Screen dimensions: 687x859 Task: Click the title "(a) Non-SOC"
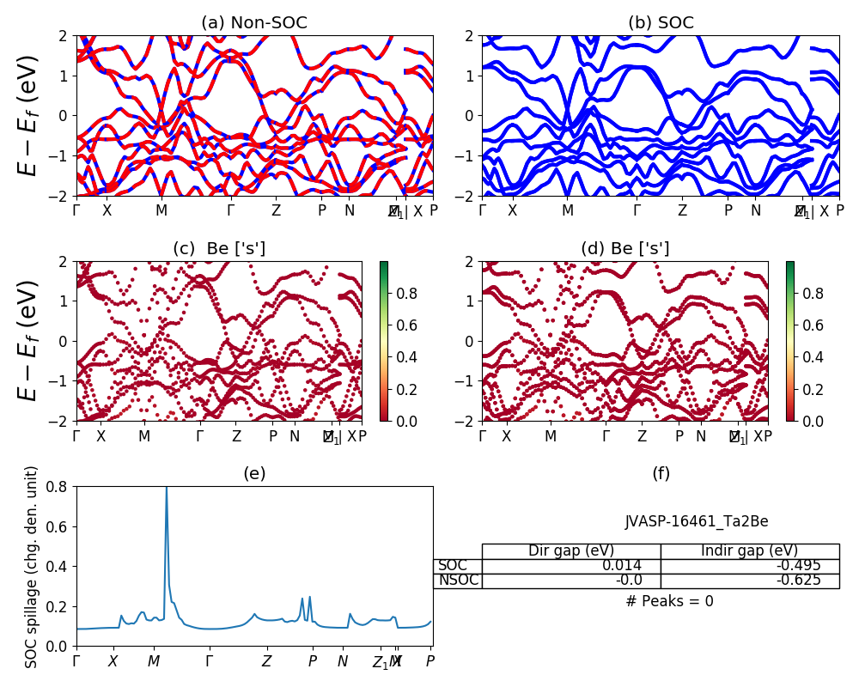coord(254,23)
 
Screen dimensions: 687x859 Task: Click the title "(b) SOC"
coord(661,23)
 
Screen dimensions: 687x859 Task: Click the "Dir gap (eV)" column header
coord(570,550)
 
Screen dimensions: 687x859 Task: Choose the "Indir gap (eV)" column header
coord(749,550)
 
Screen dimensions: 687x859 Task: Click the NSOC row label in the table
coord(458,580)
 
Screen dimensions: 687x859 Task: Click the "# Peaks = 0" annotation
coord(669,601)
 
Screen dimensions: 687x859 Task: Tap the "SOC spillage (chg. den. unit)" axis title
coord(33,567)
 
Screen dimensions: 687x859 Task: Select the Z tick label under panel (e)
coord(266,661)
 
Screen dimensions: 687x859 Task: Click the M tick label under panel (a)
coord(161,210)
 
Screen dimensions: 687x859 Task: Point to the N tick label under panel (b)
coord(755,210)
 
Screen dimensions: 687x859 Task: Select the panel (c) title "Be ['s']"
coord(219,249)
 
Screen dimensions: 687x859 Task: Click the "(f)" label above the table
coord(661,473)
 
